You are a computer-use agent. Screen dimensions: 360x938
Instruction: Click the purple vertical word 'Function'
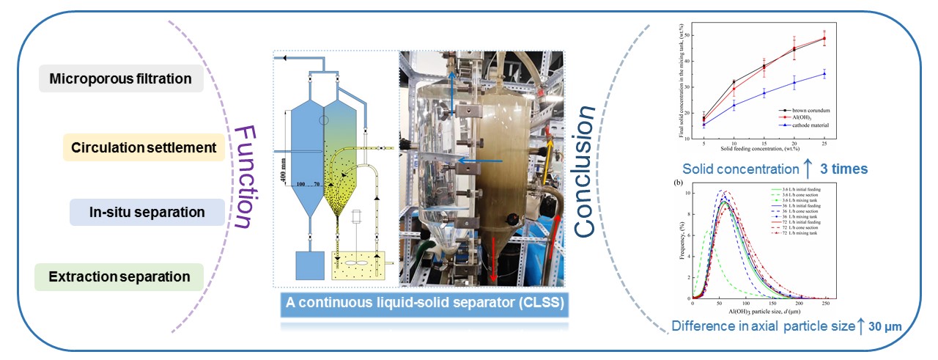click(243, 177)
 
